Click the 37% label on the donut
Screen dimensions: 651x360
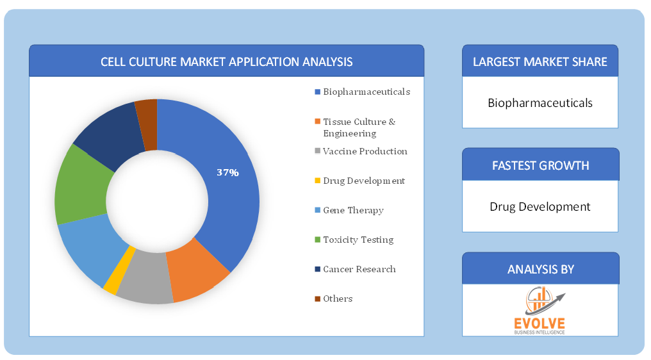tap(227, 172)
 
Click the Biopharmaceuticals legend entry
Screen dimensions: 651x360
tap(363, 92)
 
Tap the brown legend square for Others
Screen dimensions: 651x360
tap(318, 299)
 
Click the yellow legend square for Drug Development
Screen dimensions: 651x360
tap(318, 181)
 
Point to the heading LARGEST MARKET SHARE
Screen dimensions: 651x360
tap(540, 62)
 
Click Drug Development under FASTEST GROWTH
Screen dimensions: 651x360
tap(540, 206)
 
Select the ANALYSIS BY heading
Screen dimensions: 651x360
tap(541, 270)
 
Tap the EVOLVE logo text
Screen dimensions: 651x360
tap(540, 323)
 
